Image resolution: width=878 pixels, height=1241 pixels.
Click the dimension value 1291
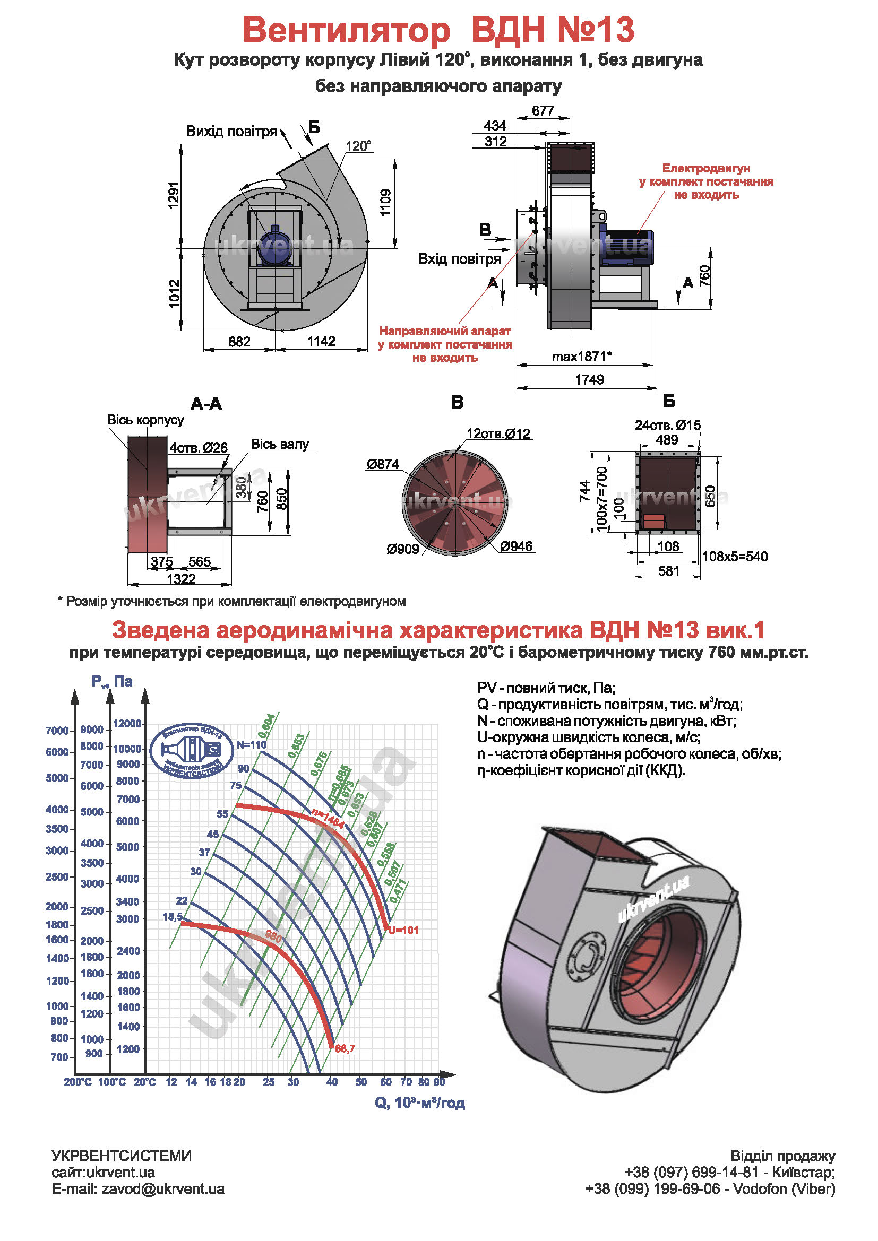pyautogui.click(x=173, y=195)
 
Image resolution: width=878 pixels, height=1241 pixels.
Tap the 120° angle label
pyautogui.click(x=358, y=146)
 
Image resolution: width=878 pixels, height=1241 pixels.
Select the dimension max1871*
pyautogui.click(x=582, y=357)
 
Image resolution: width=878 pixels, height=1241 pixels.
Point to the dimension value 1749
pyautogui.click(x=589, y=379)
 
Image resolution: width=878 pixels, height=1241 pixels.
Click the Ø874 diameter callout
pyautogui.click(x=382, y=464)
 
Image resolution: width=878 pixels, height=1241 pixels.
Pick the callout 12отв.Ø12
pyautogui.click(x=498, y=433)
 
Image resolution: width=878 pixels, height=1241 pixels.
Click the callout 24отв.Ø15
pyautogui.click(x=667, y=426)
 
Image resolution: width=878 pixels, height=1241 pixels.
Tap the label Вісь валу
pyautogui.click(x=280, y=444)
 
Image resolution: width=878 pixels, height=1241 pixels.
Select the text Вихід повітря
pyautogui.click(x=231, y=132)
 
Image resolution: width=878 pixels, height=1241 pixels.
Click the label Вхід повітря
pyautogui.click(x=460, y=259)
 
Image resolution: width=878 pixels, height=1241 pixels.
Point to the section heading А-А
pyautogui.click(x=206, y=404)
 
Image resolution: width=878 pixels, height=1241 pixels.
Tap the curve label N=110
pyautogui.click(x=252, y=745)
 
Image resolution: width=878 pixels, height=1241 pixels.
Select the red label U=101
pyautogui.click(x=403, y=930)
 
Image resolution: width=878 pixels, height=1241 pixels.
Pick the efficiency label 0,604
pyautogui.click(x=266, y=726)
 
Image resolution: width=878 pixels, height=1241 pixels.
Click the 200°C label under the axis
pyautogui.click(x=78, y=1082)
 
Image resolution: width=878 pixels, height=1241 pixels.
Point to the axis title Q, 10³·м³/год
pyautogui.click(x=419, y=1103)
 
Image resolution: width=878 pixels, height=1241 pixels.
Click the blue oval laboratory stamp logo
pyautogui.click(x=192, y=750)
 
